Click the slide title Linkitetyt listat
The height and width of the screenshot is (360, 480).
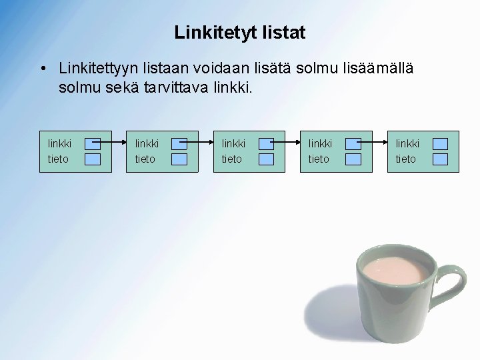tap(240, 31)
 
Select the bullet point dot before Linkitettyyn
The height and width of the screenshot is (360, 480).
tap(42, 69)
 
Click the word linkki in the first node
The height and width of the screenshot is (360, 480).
tap(60, 143)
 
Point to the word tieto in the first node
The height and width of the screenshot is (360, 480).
tap(58, 159)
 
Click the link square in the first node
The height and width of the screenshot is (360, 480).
tap(93, 143)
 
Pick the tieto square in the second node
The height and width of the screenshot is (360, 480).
tap(179, 159)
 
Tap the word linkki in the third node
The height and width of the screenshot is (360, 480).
tap(233, 143)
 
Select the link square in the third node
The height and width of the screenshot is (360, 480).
tap(266, 143)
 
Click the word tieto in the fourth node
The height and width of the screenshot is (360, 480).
tap(318, 159)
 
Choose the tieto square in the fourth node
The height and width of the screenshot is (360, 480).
tap(353, 159)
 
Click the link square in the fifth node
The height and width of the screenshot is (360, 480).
tap(440, 143)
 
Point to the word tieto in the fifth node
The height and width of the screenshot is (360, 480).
tap(405, 159)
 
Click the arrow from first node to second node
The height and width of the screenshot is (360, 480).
tap(113, 141)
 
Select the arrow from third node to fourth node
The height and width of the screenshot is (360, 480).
tap(287, 141)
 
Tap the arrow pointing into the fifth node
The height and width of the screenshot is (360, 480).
tap(373, 141)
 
